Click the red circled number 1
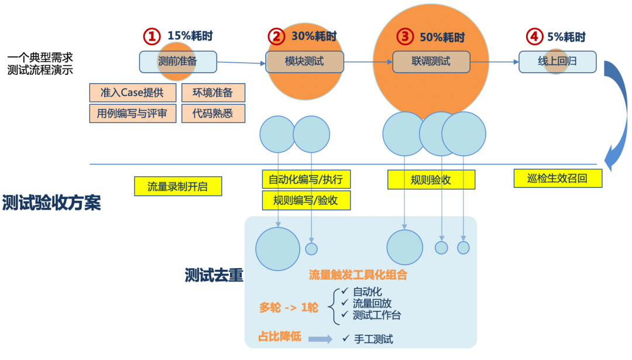[152, 36]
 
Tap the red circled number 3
[404, 36]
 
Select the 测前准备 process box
[178, 61]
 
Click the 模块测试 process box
[304, 61]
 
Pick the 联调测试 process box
[431, 61]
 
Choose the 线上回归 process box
[557, 61]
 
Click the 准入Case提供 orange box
[132, 92]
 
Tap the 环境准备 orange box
[213, 92]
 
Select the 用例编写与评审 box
[132, 113]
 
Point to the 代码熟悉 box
[213, 113]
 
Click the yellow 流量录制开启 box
[177, 186]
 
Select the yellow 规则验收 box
[431, 180]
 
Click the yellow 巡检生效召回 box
[558, 178]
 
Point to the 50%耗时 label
[442, 37]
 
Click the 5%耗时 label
[566, 36]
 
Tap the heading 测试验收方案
[51, 203]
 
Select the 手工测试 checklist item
[373, 339]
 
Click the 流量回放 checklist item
[372, 303]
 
